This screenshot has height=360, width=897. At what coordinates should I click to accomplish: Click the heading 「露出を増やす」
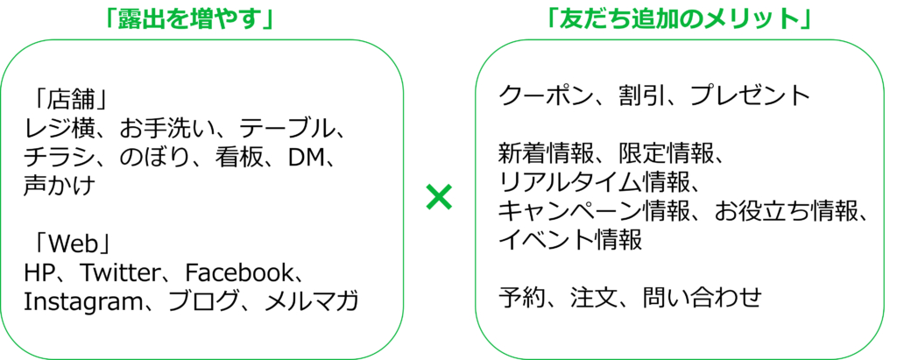[187, 19]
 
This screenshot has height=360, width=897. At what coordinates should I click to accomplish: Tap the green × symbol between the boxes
[440, 198]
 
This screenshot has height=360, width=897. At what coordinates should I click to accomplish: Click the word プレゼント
[751, 96]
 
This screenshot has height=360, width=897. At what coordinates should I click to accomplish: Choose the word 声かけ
[59, 187]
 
